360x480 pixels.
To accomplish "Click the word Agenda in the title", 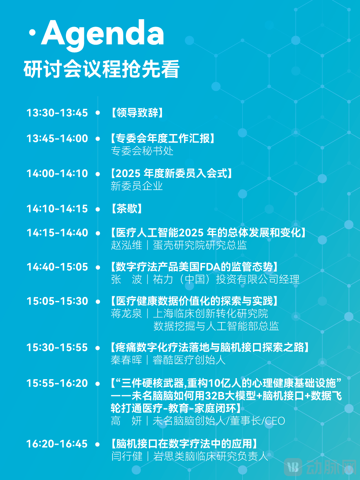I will (102, 34).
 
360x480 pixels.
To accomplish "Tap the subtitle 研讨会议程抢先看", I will (102, 70).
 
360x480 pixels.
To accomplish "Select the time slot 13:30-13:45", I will (57, 113).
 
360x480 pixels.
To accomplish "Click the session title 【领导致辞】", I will (137, 113).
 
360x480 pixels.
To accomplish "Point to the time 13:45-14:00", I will (57, 138).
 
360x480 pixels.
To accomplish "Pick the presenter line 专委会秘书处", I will (142, 151).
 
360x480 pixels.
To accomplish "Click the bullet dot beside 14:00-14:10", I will (98, 174).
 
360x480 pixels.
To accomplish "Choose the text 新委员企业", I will (136, 186).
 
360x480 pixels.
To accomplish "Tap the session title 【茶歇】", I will (126, 208).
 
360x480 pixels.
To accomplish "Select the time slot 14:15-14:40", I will (57, 233).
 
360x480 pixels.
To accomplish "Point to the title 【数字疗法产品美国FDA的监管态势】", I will (195, 267).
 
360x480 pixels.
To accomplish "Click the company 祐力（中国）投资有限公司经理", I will (226, 279).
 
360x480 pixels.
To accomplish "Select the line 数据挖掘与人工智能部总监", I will (216, 326).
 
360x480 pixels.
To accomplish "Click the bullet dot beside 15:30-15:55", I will (98, 348).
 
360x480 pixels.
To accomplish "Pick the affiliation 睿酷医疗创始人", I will (189, 360).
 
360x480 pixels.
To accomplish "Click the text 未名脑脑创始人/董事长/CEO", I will (219, 421).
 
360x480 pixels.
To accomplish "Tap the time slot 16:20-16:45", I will (57, 444).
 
